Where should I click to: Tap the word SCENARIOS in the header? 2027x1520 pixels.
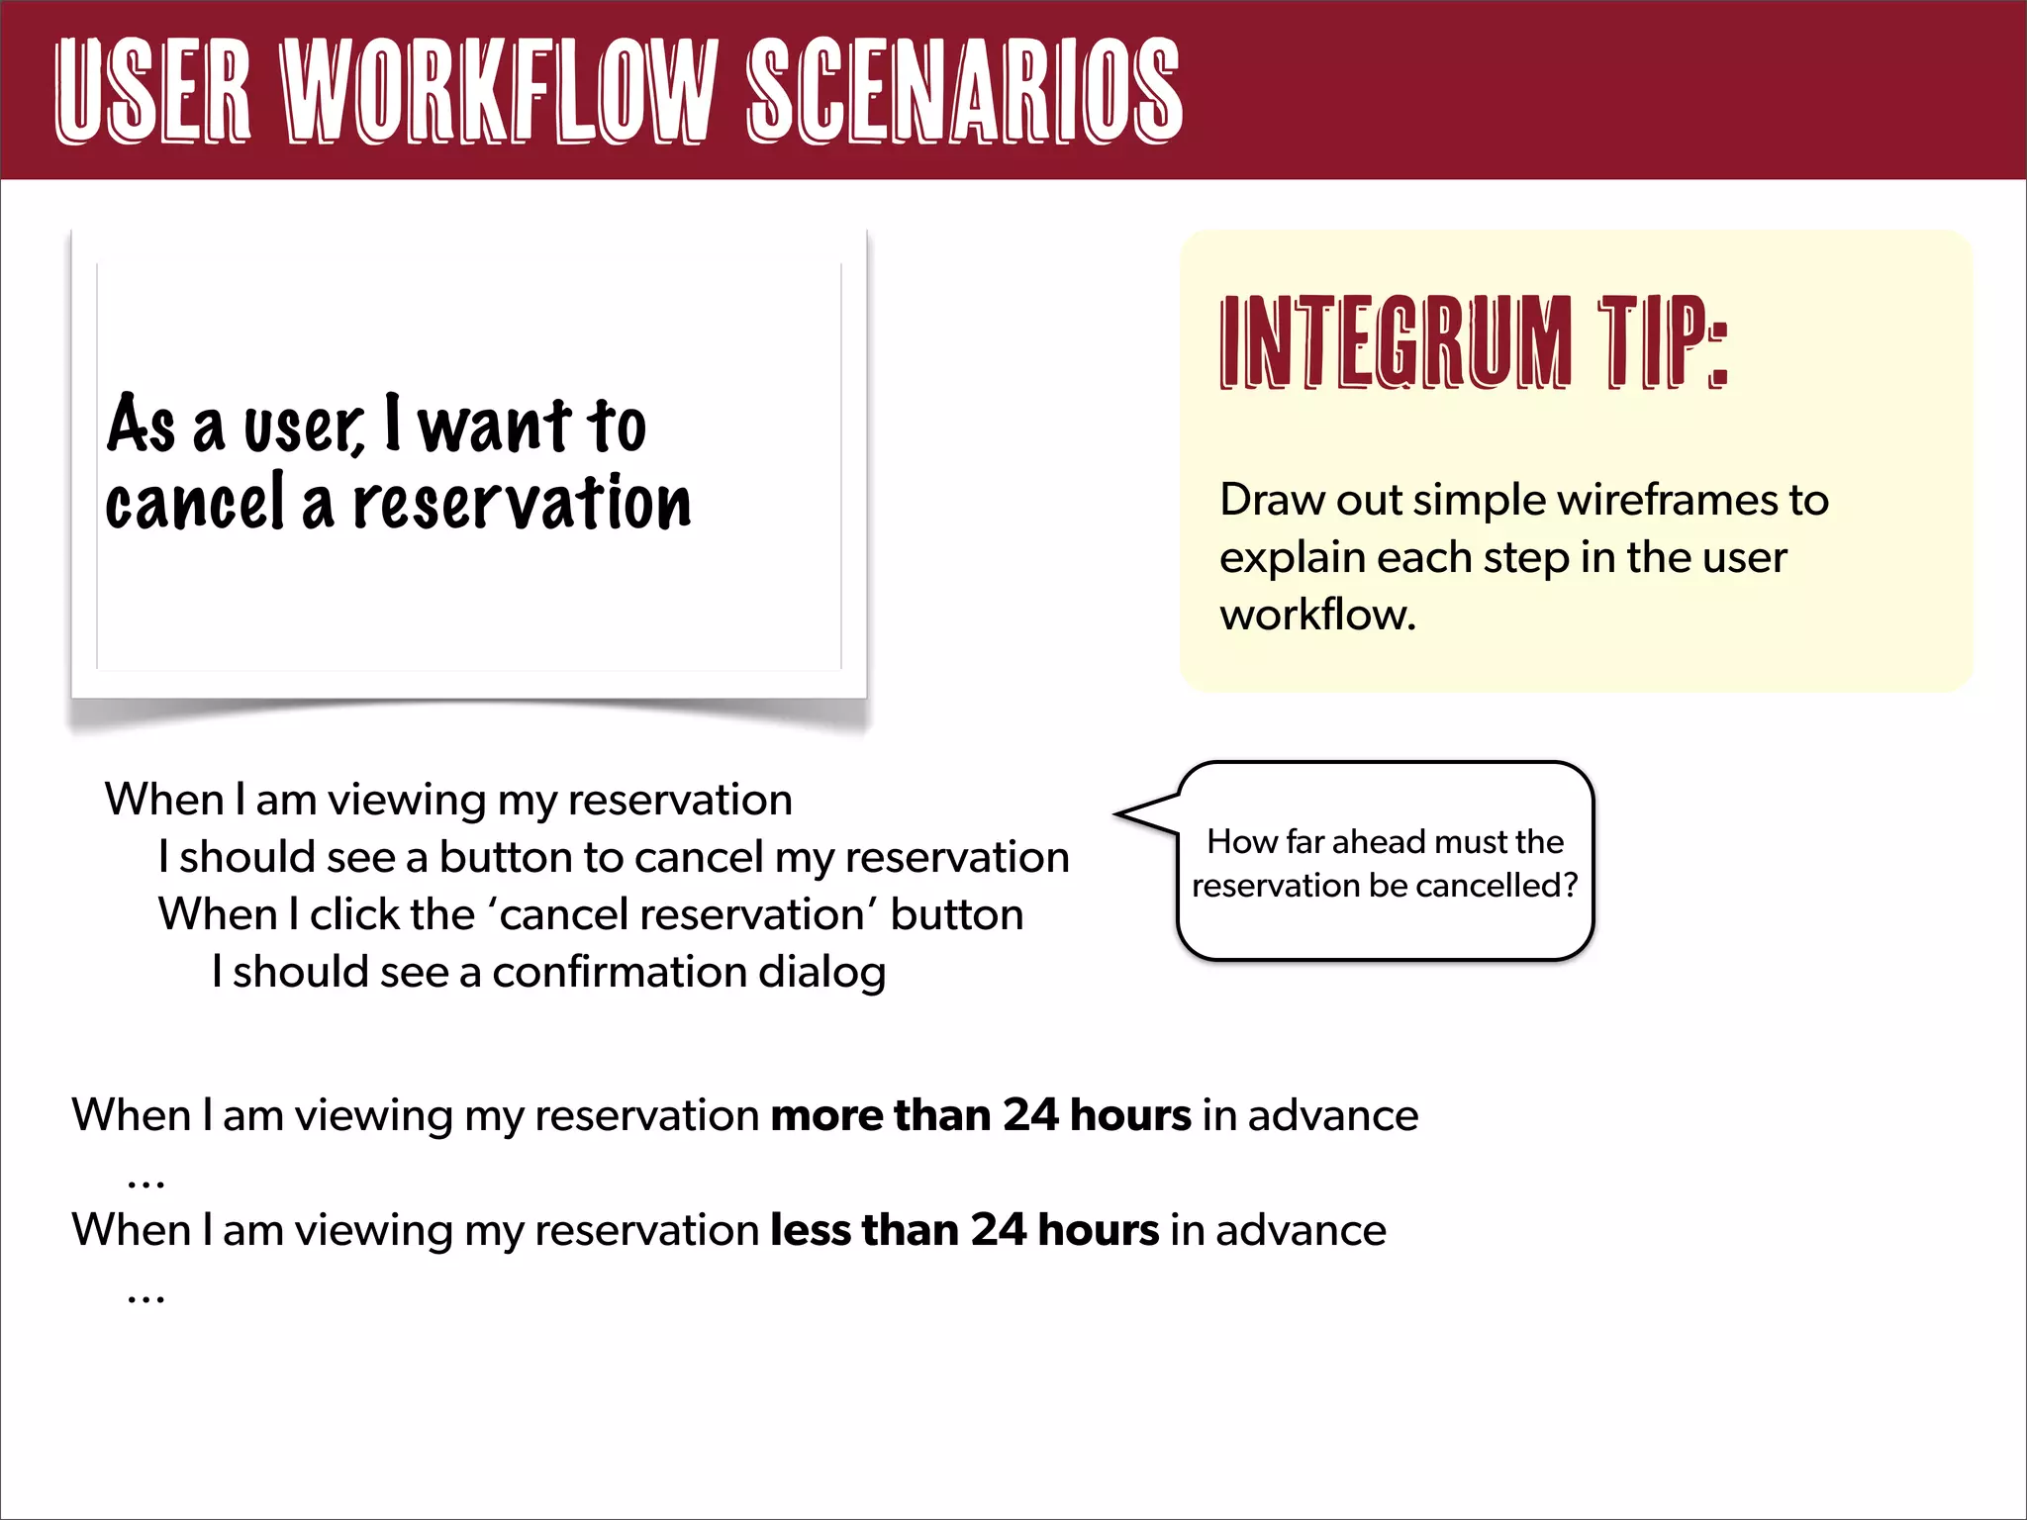[964, 91]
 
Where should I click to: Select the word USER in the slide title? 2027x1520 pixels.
[153, 91]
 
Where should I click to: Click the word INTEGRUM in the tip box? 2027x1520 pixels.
[1396, 341]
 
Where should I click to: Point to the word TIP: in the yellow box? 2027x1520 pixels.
[1663, 341]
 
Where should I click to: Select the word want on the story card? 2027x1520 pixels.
[495, 426]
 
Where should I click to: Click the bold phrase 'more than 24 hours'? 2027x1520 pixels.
[981, 1115]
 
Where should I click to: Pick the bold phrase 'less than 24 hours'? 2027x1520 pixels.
[965, 1230]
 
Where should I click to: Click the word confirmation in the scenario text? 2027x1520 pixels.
[619, 972]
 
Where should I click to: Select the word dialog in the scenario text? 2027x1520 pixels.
[821, 972]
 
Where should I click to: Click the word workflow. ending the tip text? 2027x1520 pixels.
[1317, 615]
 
